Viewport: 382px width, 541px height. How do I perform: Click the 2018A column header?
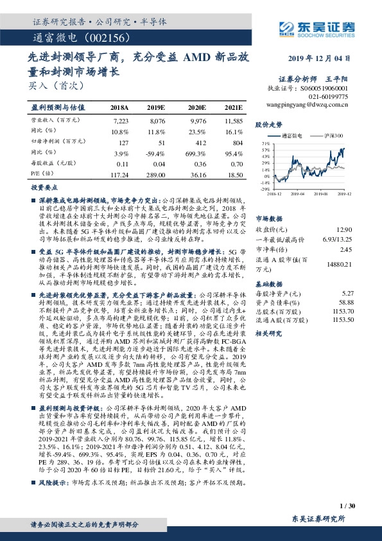coord(120,107)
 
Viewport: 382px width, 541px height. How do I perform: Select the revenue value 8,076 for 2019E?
coord(157,120)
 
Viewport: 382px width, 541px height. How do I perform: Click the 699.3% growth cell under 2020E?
coord(196,152)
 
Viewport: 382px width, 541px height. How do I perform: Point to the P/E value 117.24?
coord(119,173)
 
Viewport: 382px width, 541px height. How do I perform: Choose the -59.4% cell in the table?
coord(157,152)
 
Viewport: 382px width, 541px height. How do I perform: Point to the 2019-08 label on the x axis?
coord(322,193)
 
